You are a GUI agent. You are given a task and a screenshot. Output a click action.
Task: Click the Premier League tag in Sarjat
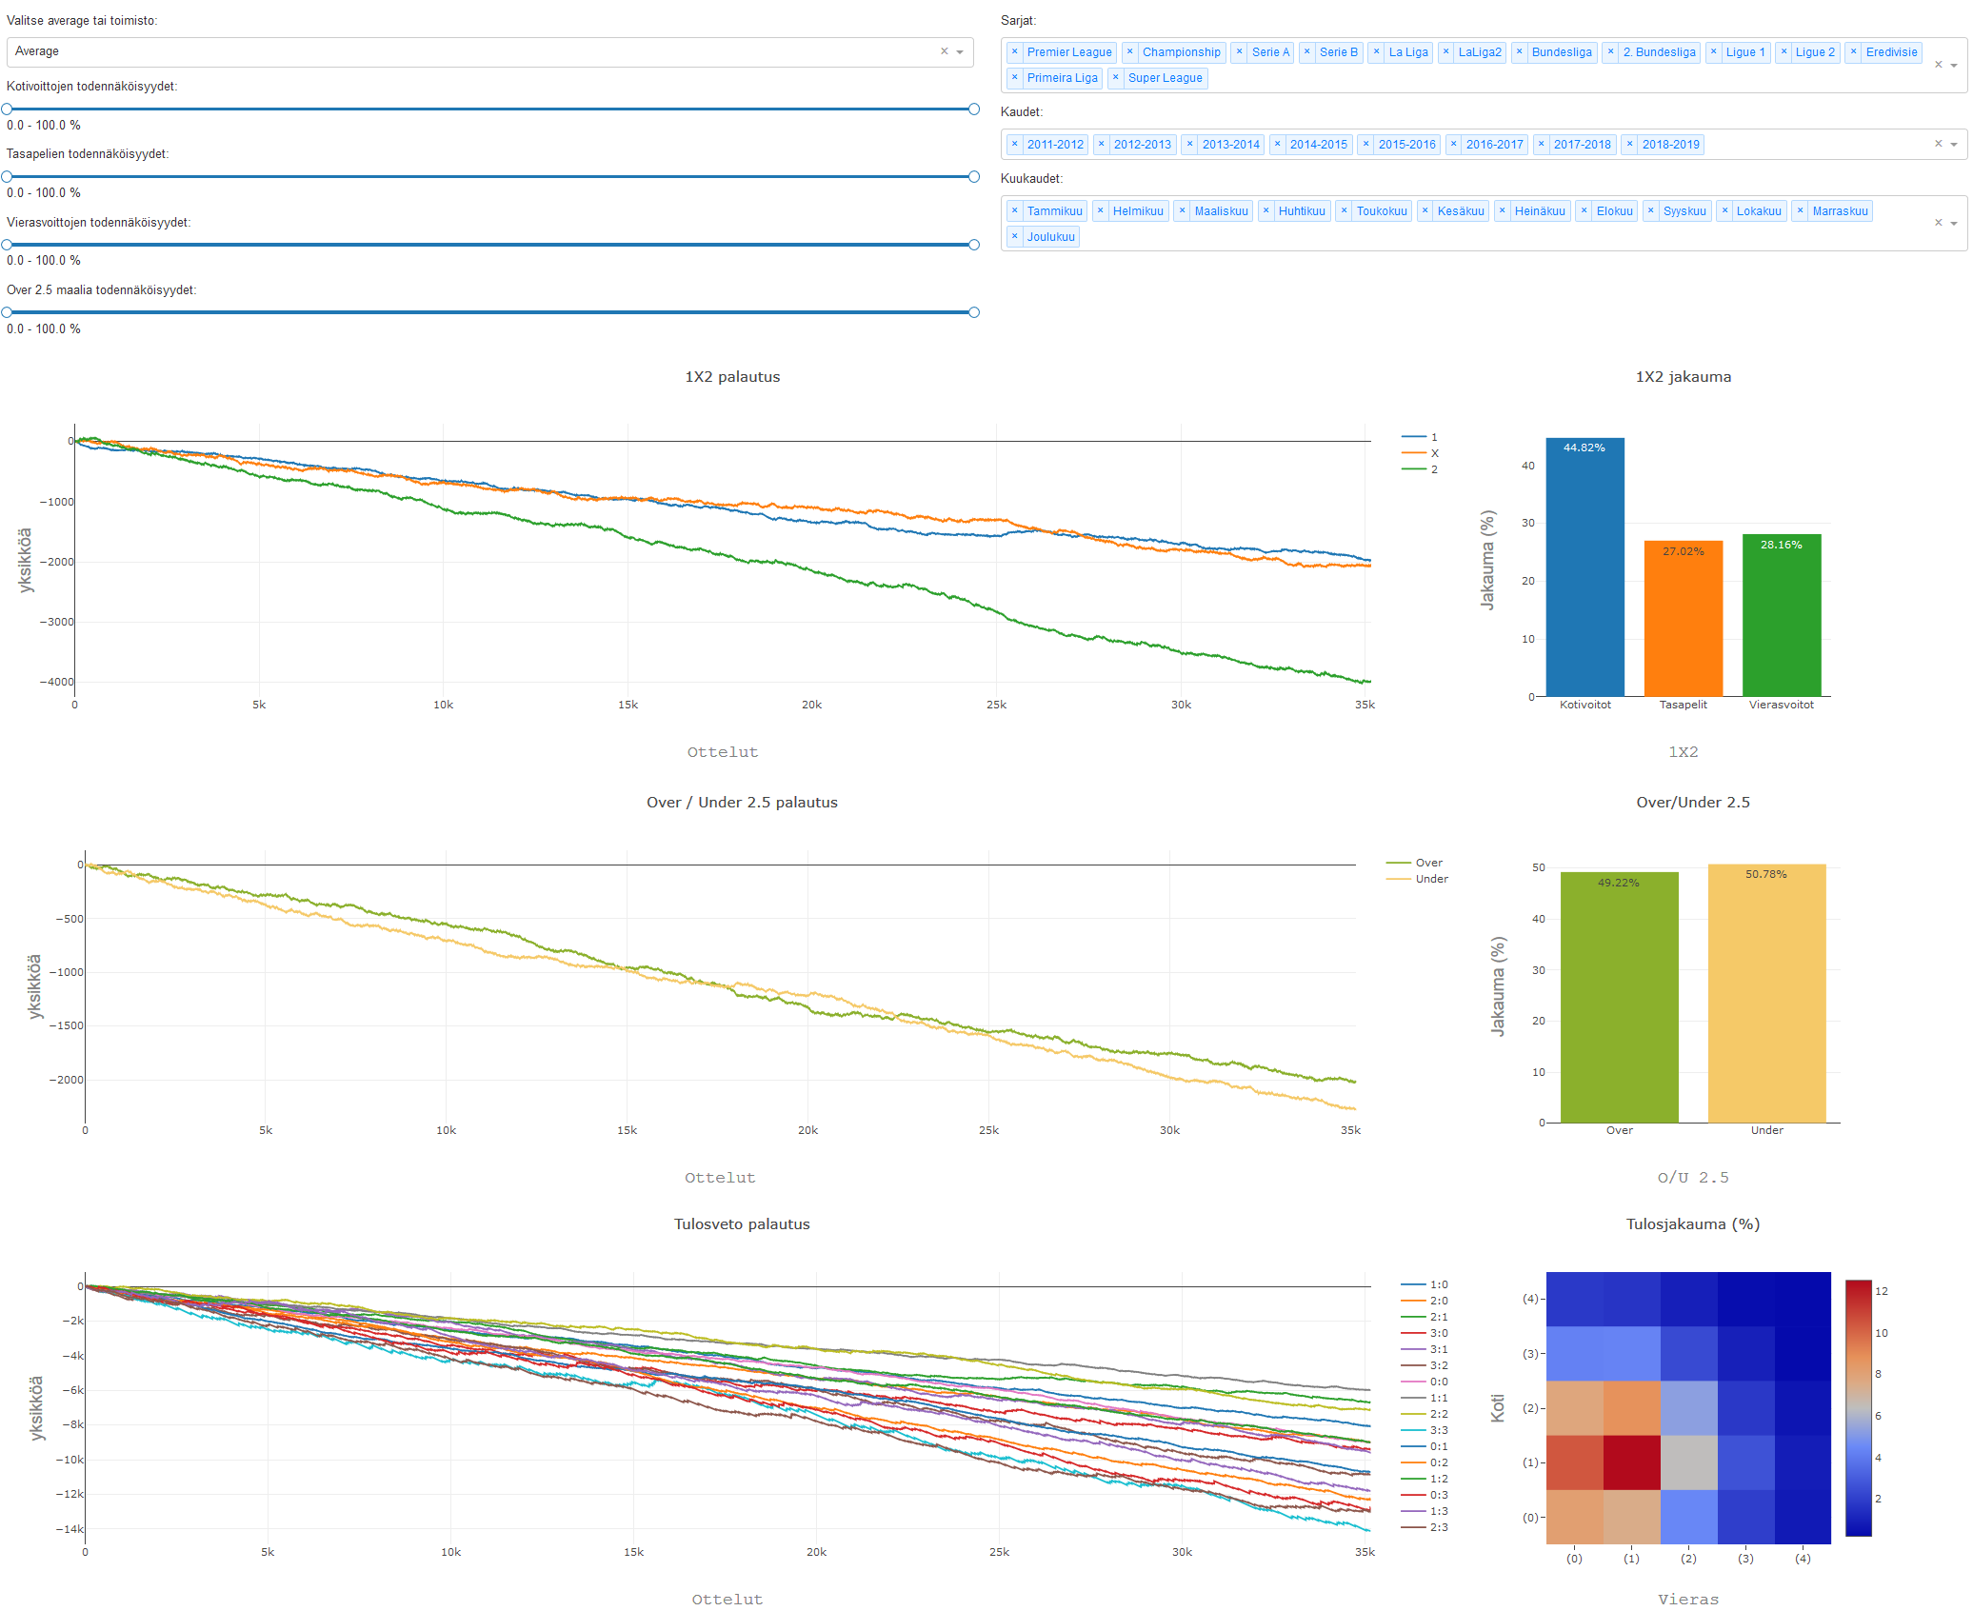tap(1068, 52)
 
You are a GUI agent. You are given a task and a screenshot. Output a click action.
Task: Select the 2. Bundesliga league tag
tap(1659, 52)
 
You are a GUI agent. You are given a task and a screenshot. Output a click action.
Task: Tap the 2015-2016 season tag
tap(1406, 145)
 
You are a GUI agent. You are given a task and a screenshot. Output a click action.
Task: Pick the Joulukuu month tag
tap(1050, 237)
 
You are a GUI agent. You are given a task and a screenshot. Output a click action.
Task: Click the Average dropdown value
tap(37, 51)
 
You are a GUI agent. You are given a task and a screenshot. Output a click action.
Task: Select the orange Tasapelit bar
tap(1683, 619)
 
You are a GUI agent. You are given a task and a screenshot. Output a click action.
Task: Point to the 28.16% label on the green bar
tap(1781, 545)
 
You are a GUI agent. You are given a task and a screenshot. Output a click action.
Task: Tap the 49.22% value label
tap(1618, 883)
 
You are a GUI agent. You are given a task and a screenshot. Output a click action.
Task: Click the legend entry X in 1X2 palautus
tap(1434, 453)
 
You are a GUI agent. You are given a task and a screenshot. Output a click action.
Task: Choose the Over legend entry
tap(1428, 863)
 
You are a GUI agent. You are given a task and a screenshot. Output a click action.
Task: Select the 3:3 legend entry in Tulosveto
tap(1438, 1430)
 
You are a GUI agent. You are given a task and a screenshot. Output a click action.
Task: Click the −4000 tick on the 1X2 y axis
tap(56, 682)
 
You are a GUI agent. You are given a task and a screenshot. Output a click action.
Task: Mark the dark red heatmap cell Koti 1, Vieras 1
tap(1631, 1462)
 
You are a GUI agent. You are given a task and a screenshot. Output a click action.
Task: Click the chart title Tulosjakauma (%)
tap(1692, 1224)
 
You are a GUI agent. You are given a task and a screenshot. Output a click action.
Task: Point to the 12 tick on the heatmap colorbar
tap(1881, 1291)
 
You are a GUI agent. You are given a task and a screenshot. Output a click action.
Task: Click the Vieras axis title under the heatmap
tap(1687, 1600)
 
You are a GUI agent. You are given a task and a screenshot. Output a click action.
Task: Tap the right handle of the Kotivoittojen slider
tap(973, 109)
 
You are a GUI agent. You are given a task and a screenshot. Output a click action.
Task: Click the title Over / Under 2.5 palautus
tap(742, 803)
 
